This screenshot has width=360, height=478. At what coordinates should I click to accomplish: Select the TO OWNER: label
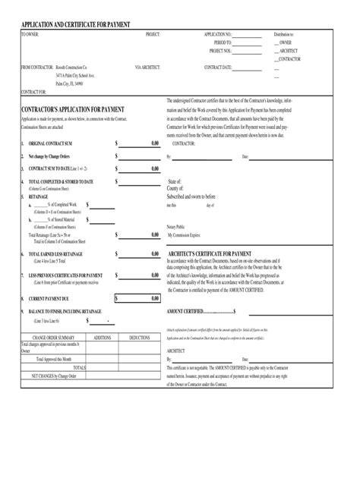[30, 35]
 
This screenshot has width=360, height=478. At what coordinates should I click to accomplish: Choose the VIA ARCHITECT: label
[147, 68]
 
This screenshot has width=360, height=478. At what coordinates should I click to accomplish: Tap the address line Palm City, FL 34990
[69, 84]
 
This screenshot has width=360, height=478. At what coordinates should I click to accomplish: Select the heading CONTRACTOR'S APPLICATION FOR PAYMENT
[73, 110]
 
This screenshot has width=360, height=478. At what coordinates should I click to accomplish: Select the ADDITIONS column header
[102, 337]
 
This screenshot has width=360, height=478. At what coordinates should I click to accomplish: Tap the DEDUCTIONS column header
[139, 337]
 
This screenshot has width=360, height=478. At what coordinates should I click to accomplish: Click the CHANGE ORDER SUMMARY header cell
[53, 337]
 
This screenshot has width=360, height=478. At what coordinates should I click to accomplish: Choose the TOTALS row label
[79, 367]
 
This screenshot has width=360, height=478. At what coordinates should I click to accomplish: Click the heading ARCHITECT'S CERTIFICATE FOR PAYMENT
[210, 253]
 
